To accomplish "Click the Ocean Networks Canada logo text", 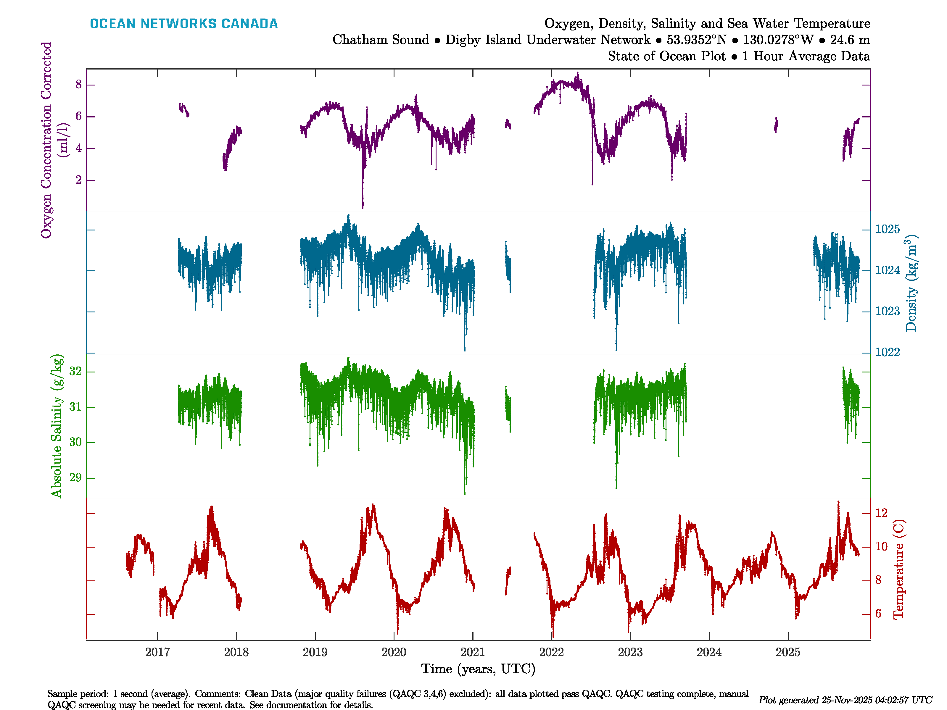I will click(184, 24).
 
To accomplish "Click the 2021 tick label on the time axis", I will click(473, 652).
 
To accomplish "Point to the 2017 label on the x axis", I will click(157, 652).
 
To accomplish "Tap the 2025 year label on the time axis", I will click(788, 652).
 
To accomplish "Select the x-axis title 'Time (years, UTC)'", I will click(478, 669).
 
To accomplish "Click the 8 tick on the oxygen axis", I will click(78, 84).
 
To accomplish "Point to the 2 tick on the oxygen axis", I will click(78, 180).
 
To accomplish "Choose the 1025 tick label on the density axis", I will click(888, 229).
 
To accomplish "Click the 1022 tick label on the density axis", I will click(888, 352).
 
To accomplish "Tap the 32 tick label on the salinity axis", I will click(75, 371).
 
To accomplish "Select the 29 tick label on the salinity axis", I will click(75, 477).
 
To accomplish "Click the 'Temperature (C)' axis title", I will click(899, 569).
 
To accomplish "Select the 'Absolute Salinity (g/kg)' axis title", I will click(57, 426).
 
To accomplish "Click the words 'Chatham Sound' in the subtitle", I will click(381, 40).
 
